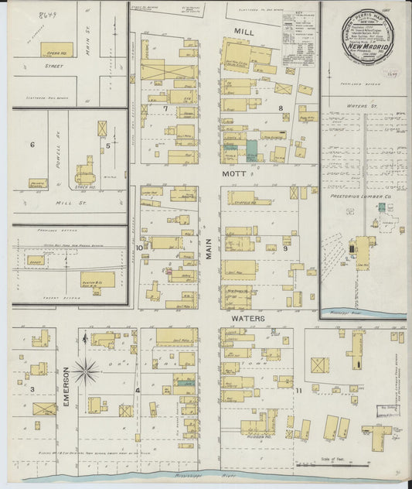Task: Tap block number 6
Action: pos(32,145)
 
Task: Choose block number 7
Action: pos(165,108)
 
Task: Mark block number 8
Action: pos(281,108)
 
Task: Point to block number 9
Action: pos(284,248)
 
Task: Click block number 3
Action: pos(32,389)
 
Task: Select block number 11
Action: pos(298,392)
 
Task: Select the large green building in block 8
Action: pos(252,152)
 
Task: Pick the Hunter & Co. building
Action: pos(97,279)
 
